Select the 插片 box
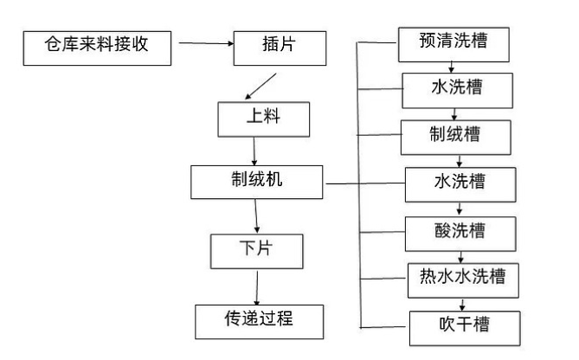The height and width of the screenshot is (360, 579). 271,46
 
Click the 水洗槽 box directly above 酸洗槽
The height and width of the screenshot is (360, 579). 459,183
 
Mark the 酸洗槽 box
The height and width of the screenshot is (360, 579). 459,232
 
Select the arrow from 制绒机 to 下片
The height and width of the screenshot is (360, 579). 255,216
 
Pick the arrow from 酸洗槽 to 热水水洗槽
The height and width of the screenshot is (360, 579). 462,255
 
